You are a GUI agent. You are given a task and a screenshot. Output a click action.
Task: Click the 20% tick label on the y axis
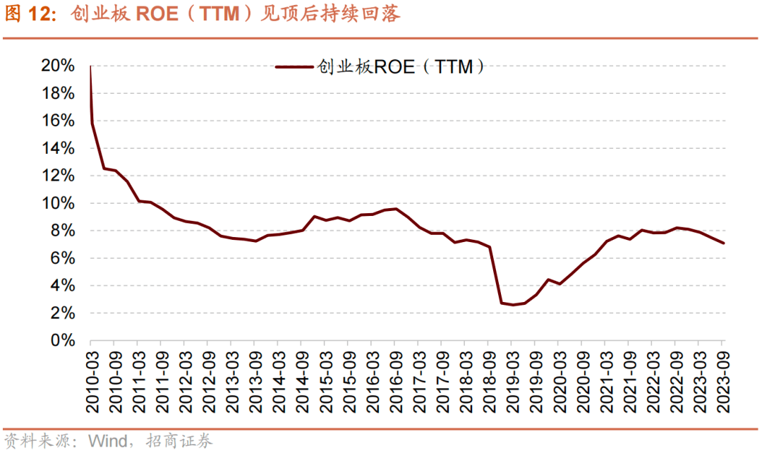click(59, 66)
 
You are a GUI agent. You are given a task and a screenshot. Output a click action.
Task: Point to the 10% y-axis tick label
click(59, 203)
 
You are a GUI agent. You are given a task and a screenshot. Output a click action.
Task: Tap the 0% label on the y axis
click(63, 341)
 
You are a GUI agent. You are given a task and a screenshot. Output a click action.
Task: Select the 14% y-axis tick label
click(59, 148)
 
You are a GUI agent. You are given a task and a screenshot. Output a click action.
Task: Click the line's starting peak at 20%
click(91, 66)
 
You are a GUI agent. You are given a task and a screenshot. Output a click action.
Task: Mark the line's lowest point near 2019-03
click(512, 305)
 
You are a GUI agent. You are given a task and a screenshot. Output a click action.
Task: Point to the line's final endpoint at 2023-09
click(723, 243)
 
